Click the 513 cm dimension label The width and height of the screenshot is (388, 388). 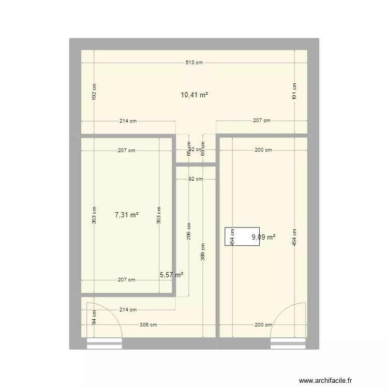194,63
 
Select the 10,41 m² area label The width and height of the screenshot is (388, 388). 194,95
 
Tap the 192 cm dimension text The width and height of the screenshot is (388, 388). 94,92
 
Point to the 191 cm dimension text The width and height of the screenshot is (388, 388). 294,92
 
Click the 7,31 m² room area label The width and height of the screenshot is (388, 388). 126,215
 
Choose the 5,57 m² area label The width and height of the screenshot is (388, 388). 171,276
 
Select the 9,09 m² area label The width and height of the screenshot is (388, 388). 263,237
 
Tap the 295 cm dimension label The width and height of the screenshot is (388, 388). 189,231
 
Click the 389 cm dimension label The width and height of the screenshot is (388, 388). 202,253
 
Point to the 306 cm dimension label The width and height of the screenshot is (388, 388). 149,325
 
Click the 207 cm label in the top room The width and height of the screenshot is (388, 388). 262,121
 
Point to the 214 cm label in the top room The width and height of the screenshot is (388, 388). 128,121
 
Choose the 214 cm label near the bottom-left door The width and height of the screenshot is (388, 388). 128,310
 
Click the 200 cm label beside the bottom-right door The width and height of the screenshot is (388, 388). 263,325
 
